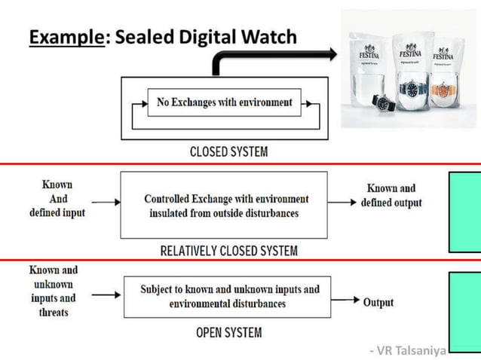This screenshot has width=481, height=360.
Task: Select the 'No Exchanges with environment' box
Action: pos(224,102)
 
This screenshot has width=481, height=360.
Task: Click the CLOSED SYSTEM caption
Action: pos(228,152)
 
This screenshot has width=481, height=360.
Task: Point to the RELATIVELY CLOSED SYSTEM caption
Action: pos(228,250)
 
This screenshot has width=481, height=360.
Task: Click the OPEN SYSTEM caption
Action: pos(228,332)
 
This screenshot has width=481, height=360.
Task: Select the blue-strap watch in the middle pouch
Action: pos(412,90)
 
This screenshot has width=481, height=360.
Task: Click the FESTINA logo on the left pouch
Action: pos(369,54)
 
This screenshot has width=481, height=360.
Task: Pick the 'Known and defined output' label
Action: pos(391,195)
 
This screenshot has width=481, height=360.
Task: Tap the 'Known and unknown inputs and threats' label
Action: pos(54,290)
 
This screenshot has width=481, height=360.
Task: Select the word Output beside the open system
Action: pos(378,302)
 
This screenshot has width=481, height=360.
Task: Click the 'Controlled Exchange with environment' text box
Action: pos(225,206)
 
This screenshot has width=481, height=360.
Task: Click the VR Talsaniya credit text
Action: pos(407,349)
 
